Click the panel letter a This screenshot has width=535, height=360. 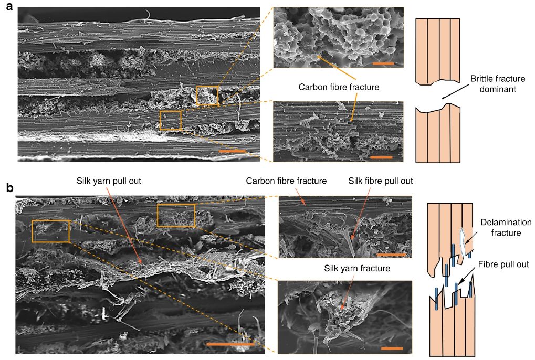coord(9,6)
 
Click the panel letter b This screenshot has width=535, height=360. coord(10,188)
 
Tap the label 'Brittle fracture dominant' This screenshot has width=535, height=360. coord(498,84)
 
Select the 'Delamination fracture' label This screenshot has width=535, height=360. coord(506,227)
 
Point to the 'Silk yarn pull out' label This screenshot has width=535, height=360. coord(109,181)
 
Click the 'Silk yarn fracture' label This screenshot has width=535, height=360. coord(357,268)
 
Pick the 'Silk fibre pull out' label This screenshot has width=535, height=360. coord(381,181)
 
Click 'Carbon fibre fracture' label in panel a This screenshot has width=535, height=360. coord(339,87)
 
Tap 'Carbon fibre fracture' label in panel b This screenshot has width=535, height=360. coord(286,181)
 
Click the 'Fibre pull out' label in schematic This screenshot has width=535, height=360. coord(503,264)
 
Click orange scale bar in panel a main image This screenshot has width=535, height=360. coord(232,151)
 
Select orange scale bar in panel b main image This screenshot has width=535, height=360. coord(230,344)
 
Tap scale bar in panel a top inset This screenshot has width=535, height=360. coord(383,63)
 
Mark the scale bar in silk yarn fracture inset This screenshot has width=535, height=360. coord(392,348)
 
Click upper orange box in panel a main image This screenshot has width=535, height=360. coord(207,87)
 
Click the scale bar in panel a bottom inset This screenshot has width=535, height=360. coord(381,157)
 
